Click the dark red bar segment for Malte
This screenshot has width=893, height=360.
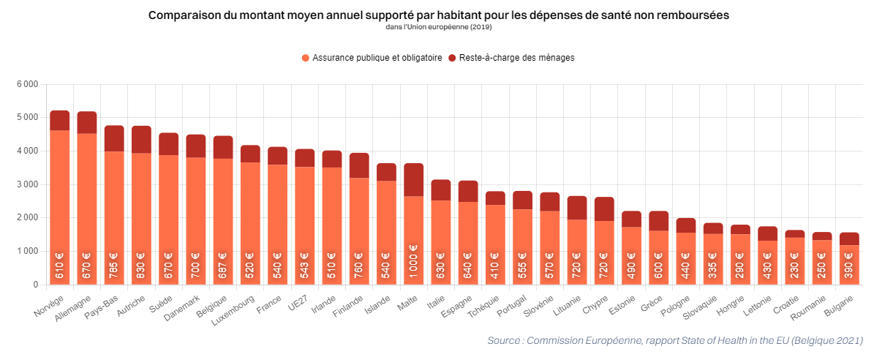pyautogui.click(x=413, y=179)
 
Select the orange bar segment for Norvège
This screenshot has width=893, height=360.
pyautogui.click(x=59, y=205)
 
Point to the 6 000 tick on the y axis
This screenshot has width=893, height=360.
pyautogui.click(x=27, y=84)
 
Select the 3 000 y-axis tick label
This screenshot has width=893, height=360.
pyautogui.click(x=27, y=184)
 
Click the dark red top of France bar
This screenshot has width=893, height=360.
pyautogui.click(x=277, y=155)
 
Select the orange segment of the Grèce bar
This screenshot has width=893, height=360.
pyautogui.click(x=658, y=256)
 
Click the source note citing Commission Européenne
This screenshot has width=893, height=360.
pyautogui.click(x=674, y=341)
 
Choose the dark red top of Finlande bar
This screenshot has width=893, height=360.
pyautogui.click(x=359, y=165)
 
